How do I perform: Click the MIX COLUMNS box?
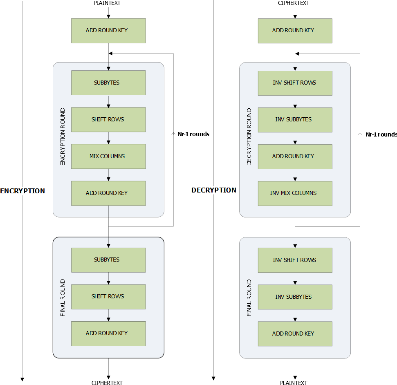108,156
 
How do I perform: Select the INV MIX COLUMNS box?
295,193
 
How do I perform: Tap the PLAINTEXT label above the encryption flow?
107,3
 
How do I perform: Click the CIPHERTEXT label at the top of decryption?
294,3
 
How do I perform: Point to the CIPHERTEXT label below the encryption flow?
107,383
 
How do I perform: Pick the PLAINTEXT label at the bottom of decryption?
294,383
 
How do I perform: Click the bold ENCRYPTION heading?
22,191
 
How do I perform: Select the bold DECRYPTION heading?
214,190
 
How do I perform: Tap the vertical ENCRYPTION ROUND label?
63,137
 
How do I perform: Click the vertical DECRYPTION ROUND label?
249,137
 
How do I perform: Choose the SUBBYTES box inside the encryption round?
108,83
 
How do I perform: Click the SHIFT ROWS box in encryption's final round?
108,296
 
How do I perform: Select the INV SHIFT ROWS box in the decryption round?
295,83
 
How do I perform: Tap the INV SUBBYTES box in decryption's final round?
295,297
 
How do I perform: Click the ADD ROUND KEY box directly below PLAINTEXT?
108,30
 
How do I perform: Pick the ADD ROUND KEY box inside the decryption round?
295,156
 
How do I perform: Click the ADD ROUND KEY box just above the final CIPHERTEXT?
108,333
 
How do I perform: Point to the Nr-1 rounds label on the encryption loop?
193,134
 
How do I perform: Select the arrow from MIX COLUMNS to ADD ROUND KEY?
108,175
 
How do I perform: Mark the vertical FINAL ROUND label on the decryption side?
249,298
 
